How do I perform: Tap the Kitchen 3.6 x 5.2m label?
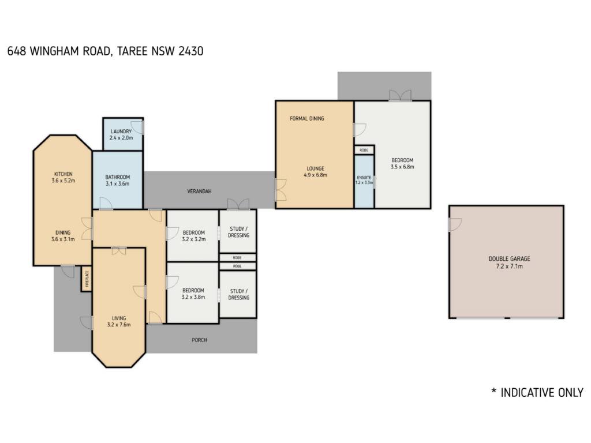click(63, 177)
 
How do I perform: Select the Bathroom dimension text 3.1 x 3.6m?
click(118, 184)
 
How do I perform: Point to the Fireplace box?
click(87, 279)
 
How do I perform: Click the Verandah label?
click(199, 192)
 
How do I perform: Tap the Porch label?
click(199, 340)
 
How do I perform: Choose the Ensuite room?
click(364, 181)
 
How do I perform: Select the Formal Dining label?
click(307, 118)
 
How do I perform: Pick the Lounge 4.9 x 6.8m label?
click(316, 172)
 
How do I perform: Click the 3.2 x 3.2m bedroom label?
click(194, 236)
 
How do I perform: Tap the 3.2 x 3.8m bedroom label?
click(193, 294)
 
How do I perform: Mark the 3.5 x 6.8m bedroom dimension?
click(402, 167)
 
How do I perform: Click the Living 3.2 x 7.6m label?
click(119, 321)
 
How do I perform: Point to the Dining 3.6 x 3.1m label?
click(63, 236)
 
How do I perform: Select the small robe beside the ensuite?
click(364, 150)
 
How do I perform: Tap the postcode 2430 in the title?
click(190, 51)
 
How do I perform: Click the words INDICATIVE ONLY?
click(541, 392)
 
